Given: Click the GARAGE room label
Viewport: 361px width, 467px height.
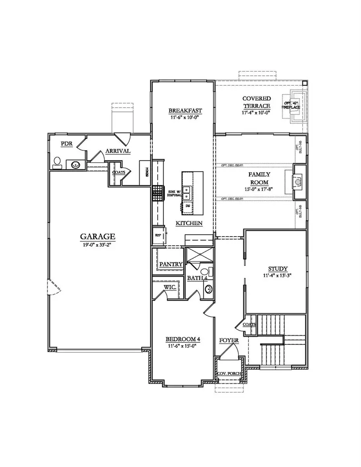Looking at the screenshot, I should click(x=97, y=237).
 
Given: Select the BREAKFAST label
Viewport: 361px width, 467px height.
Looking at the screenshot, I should click(x=185, y=111).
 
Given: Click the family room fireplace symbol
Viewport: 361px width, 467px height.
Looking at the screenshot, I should click(x=298, y=182).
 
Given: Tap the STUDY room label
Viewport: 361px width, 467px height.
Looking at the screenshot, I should click(x=278, y=269).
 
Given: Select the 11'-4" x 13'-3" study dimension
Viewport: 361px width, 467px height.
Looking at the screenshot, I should click(x=278, y=275).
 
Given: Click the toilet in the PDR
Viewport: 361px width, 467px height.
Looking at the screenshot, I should click(x=57, y=162).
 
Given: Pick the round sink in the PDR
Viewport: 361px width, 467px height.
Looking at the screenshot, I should click(x=75, y=164).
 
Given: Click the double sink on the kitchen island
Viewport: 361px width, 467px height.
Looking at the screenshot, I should click(x=187, y=191).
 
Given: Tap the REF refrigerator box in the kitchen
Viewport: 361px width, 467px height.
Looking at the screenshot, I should click(x=158, y=236).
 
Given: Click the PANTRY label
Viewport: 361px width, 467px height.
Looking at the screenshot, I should click(x=171, y=265).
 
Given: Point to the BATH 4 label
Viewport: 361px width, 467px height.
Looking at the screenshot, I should click(x=196, y=277).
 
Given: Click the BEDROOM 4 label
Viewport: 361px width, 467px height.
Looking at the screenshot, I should click(x=183, y=339).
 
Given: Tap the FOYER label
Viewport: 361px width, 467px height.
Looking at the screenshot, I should click(x=229, y=341).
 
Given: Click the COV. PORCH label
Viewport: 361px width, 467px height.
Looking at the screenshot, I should click(x=229, y=374).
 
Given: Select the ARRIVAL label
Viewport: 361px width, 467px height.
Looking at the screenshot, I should click(x=118, y=151).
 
